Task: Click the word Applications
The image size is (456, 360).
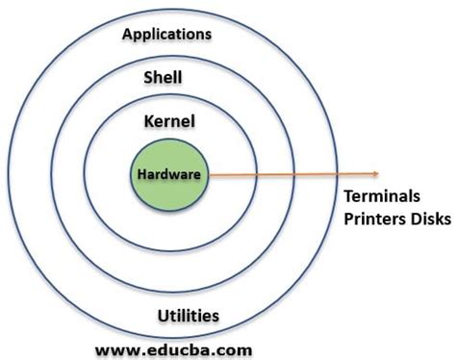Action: (166, 34)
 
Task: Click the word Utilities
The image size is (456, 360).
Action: (189, 316)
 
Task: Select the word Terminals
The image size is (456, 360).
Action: (382, 196)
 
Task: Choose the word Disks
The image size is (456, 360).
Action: (430, 219)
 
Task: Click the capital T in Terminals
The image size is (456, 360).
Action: (349, 196)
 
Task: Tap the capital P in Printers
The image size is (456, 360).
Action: (348, 219)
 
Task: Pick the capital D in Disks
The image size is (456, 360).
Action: (414, 219)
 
